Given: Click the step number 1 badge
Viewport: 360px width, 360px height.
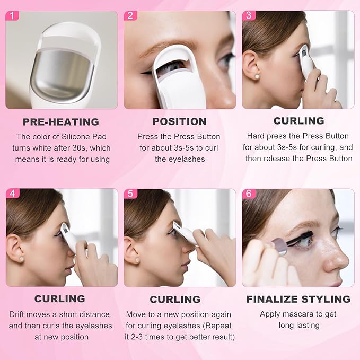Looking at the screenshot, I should click(12, 15).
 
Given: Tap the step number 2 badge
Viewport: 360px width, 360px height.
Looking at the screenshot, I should click(130, 15).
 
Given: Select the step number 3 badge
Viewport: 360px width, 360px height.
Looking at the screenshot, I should click(248, 15).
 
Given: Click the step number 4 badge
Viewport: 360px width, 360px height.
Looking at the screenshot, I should click(12, 194).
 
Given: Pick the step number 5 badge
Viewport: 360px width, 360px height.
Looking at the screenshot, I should click(130, 194).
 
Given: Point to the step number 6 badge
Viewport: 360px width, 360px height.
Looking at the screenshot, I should click(248, 194).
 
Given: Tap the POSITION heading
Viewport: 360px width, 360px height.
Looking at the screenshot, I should click(179, 122).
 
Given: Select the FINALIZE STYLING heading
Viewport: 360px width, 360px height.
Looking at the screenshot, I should click(298, 300).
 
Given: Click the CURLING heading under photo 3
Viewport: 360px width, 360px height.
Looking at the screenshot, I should click(298, 121).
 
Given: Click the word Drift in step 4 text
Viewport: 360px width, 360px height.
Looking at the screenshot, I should click(20, 314).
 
